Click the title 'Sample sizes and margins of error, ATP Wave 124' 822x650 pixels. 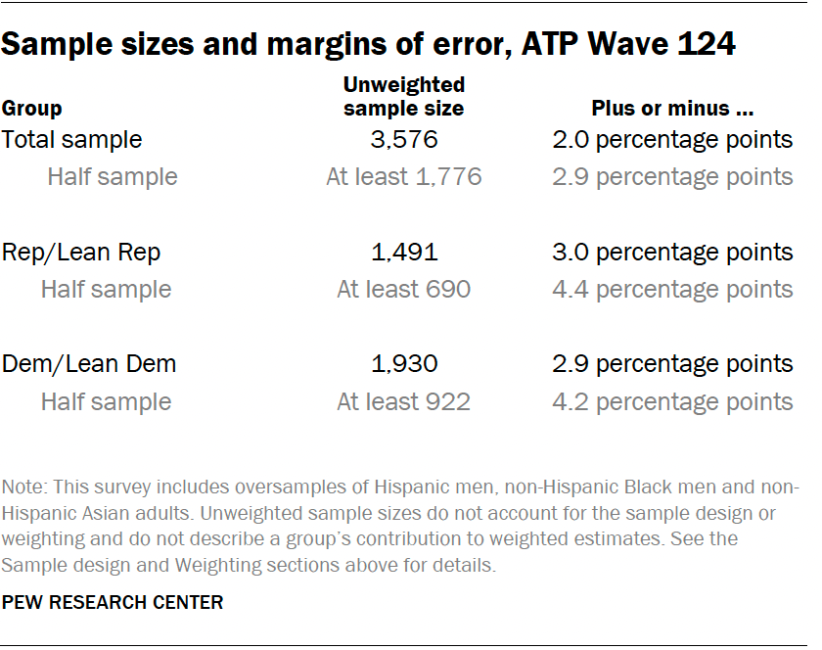(369, 44)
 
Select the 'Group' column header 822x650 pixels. (32, 109)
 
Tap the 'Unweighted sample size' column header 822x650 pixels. (404, 96)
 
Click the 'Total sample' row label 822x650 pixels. (72, 139)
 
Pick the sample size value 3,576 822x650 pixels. (404, 139)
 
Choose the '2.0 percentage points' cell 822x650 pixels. (671, 139)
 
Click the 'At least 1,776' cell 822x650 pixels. (404, 177)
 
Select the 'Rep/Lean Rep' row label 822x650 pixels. (81, 252)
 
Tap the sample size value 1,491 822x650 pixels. (404, 252)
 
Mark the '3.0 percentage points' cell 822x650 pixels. (671, 252)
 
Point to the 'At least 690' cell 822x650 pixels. (404, 290)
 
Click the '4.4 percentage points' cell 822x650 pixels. (671, 290)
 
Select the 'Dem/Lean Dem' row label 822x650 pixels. (89, 364)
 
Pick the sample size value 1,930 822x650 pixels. (404, 364)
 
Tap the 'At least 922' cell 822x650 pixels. (404, 402)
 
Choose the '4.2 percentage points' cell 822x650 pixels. (671, 402)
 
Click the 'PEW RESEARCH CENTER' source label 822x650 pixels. (113, 602)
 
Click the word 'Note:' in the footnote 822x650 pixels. (23, 487)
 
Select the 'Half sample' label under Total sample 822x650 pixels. (113, 177)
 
